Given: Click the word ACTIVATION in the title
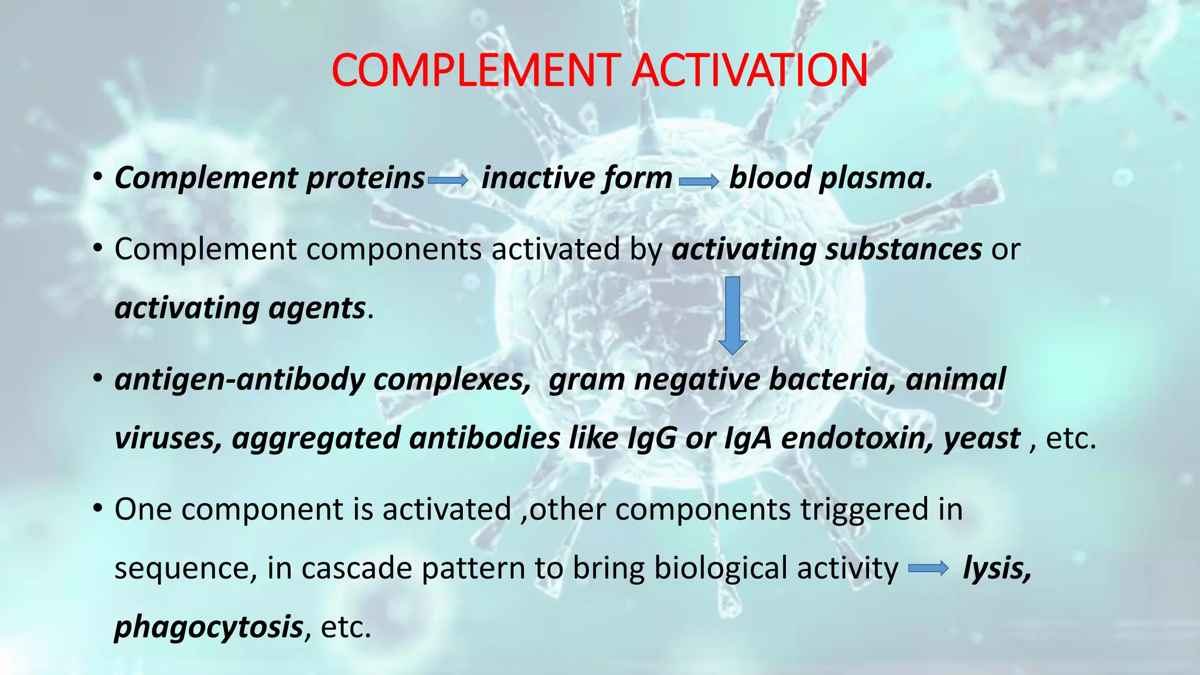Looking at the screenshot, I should coord(749,70).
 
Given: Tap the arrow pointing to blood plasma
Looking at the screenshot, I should coord(699,182).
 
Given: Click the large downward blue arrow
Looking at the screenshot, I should coord(732,315).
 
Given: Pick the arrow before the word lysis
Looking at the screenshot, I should coord(928,568).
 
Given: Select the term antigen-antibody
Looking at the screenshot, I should coord(240,379).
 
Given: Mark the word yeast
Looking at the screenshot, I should coord(982,438).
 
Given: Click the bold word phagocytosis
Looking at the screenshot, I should coord(209,627).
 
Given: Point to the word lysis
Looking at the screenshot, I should coord(997,568).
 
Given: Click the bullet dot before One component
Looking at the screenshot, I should coord(98,509).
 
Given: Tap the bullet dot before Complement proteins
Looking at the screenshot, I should coord(98,178).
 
